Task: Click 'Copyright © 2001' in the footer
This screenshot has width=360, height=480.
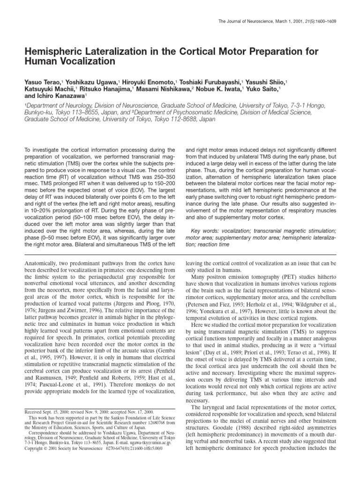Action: coord(44,448)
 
